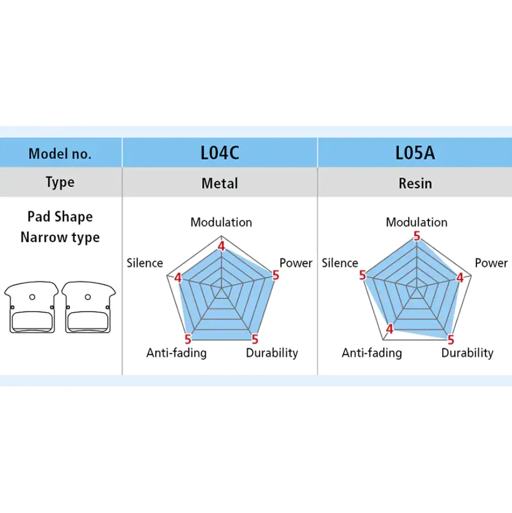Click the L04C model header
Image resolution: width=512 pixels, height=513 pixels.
(220, 153)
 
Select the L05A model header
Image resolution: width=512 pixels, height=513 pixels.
(415, 153)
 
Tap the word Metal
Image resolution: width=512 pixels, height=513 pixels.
(220, 183)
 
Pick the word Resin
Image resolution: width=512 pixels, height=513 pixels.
(415, 183)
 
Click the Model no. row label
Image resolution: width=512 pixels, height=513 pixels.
(60, 154)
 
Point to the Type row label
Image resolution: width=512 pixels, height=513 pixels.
(60, 182)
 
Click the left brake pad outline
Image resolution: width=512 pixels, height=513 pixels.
(31, 307)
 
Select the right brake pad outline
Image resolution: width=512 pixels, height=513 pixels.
(89, 307)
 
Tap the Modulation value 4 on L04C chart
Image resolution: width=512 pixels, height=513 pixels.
(222, 246)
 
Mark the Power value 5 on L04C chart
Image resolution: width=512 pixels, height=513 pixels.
(276, 275)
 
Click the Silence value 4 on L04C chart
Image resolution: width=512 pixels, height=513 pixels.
(178, 278)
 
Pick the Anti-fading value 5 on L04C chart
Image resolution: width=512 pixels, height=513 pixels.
(188, 339)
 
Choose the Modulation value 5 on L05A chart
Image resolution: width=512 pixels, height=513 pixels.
(416, 236)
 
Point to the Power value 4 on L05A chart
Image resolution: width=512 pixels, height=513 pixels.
(460, 278)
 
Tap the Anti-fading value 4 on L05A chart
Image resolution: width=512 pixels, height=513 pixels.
(389, 329)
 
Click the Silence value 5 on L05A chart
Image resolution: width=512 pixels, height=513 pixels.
(362, 275)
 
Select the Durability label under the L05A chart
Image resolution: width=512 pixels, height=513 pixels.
(467, 352)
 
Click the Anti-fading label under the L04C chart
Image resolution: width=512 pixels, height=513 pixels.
(177, 352)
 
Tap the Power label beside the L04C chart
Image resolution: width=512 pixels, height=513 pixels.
(296, 263)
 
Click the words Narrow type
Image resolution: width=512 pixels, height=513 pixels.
(60, 237)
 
